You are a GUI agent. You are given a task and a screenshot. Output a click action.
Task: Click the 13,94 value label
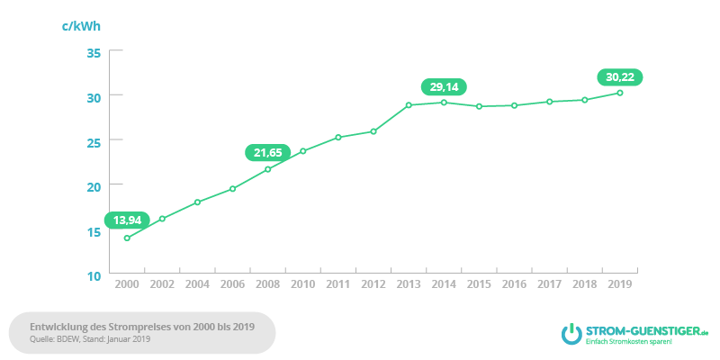[126, 220]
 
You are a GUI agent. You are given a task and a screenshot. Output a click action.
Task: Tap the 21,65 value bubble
[266, 152]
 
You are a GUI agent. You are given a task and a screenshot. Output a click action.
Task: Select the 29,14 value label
[444, 86]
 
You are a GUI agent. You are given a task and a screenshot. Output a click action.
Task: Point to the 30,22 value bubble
[620, 76]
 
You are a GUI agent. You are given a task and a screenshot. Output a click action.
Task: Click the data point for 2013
[409, 105]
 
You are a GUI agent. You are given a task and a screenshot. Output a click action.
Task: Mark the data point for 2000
[127, 238]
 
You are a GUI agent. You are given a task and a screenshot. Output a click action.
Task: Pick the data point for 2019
[620, 93]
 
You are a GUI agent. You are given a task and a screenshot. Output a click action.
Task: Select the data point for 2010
[303, 150]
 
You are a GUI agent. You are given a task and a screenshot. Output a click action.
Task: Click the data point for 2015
[479, 106]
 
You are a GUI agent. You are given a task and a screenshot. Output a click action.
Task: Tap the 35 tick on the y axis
[94, 52]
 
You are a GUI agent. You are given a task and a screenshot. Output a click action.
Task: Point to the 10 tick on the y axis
[94, 275]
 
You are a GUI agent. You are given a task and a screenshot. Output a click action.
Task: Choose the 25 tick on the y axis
[94, 141]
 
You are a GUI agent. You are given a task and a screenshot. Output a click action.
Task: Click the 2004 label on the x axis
[197, 284]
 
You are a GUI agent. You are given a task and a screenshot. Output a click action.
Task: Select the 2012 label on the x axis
[373, 284]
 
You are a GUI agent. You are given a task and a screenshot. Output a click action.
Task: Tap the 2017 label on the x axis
[550, 284]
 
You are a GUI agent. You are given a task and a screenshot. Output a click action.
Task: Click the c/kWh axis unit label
[81, 24]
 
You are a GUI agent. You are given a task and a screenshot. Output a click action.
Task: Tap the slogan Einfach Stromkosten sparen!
[630, 343]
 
